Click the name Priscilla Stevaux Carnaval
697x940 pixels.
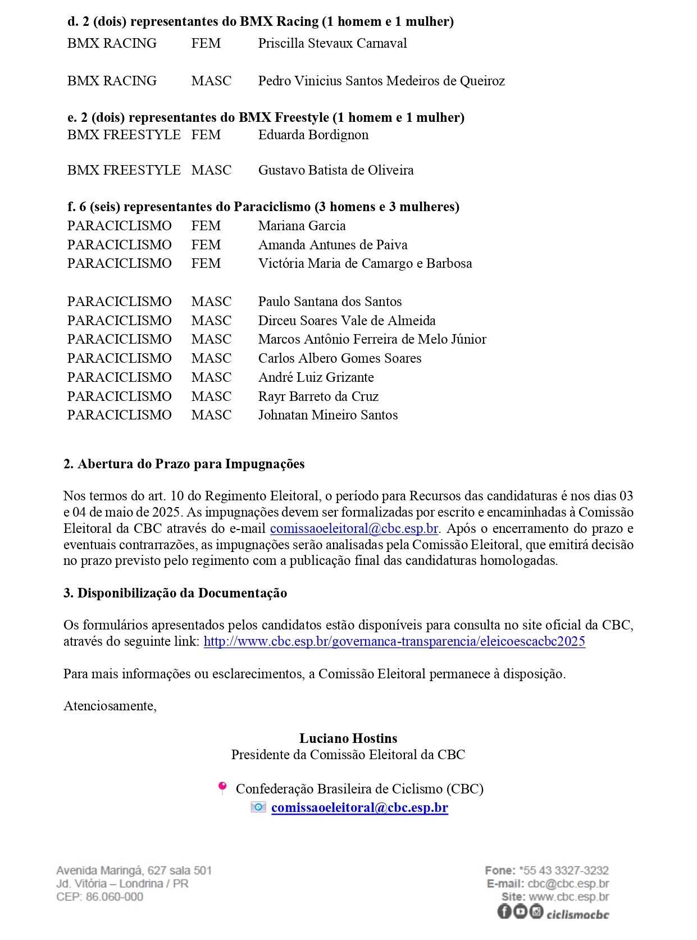click(x=332, y=43)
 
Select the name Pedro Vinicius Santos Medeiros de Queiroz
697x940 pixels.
click(x=381, y=81)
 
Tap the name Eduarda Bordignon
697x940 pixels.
click(x=313, y=135)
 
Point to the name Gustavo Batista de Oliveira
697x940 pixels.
click(x=336, y=170)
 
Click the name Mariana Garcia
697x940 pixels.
click(x=302, y=226)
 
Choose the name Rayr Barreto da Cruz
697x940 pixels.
click(x=318, y=396)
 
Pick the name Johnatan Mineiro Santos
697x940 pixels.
click(x=328, y=415)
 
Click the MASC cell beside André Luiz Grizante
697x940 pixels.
click(x=211, y=377)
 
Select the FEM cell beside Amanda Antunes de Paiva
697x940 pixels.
click(x=206, y=245)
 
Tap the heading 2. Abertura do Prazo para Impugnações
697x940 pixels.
click(x=184, y=464)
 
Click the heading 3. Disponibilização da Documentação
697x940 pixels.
click(x=175, y=593)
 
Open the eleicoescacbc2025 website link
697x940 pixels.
click(x=394, y=641)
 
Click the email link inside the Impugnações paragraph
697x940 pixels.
click(x=354, y=528)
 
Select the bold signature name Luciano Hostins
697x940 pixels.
click(x=348, y=738)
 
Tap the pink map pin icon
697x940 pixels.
click(x=222, y=788)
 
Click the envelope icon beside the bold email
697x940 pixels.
click(x=258, y=807)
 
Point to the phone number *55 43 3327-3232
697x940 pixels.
click(x=564, y=870)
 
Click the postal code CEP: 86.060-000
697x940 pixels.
click(x=99, y=897)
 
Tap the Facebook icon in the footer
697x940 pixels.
click(x=504, y=911)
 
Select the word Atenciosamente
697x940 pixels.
click(x=110, y=706)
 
